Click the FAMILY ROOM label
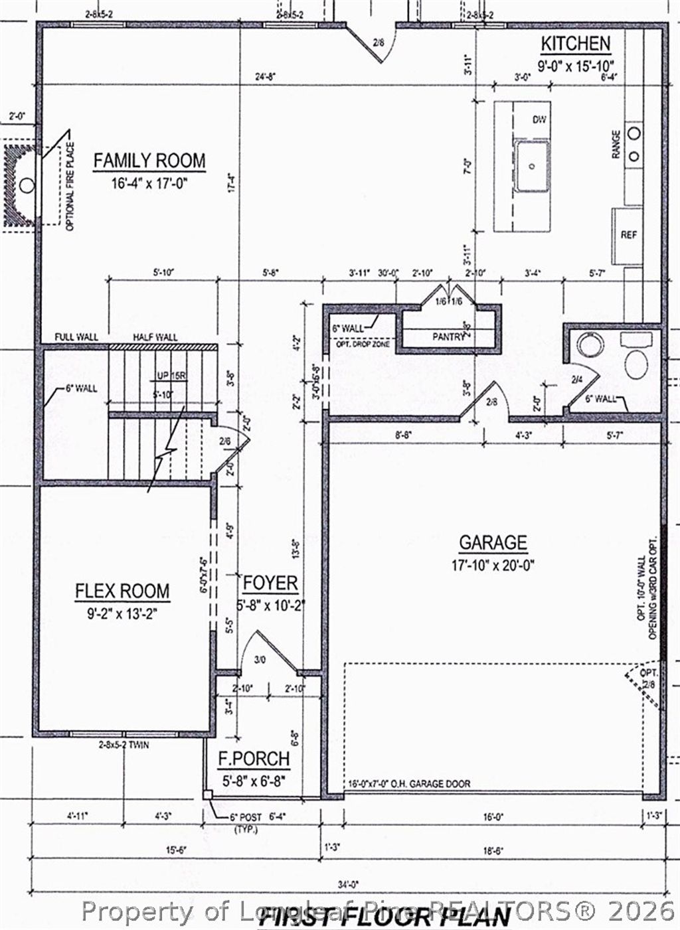tap(149, 161)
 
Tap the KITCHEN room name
tap(575, 44)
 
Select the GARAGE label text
tap(493, 542)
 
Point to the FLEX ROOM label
tap(122, 591)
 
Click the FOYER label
tap(270, 583)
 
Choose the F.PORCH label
tap(254, 759)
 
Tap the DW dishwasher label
tap(539, 119)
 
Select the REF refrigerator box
tap(628, 235)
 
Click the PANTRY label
tap(449, 337)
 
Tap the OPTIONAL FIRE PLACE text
tap(70, 187)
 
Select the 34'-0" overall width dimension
tap(347, 884)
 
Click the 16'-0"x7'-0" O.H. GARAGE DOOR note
tap(409, 783)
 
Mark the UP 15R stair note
tap(172, 376)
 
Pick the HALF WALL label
tap(155, 337)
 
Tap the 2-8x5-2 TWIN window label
tap(124, 745)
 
